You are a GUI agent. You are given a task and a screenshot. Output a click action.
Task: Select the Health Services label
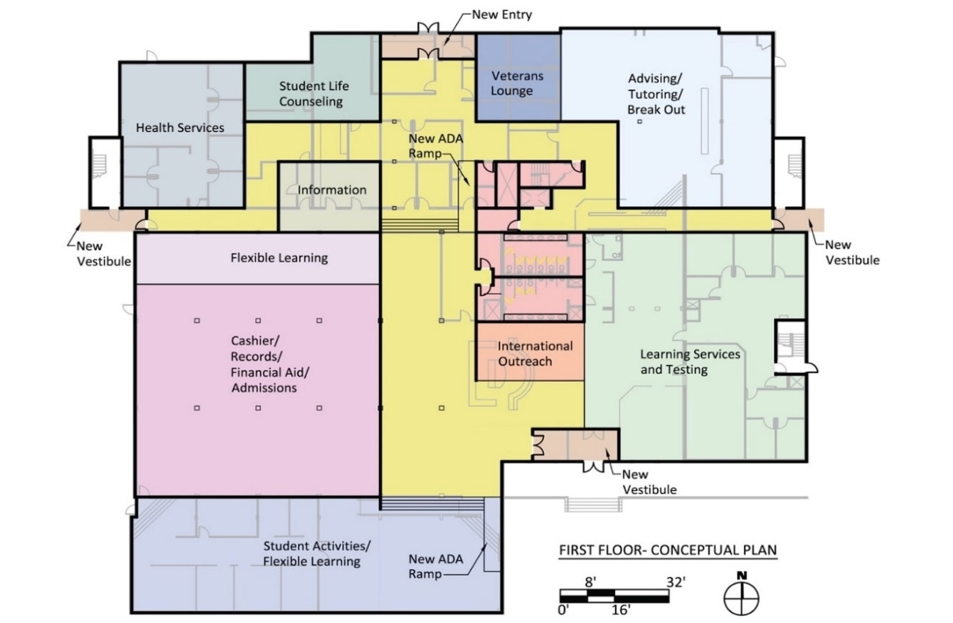(180, 128)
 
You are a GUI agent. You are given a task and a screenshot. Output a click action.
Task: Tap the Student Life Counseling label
(311, 94)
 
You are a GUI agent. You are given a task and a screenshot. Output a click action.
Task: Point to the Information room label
(331, 190)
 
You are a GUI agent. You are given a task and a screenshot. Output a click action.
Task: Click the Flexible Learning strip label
(279, 258)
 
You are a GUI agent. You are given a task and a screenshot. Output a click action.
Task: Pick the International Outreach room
(535, 353)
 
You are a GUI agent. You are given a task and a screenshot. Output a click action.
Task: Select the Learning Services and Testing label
(690, 362)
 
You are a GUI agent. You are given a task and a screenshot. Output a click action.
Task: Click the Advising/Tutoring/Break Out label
(656, 94)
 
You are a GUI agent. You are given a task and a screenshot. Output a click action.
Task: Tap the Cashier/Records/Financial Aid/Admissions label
(265, 364)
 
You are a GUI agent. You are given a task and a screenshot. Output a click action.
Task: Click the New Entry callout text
(501, 14)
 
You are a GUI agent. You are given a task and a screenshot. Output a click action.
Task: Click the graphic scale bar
(614, 594)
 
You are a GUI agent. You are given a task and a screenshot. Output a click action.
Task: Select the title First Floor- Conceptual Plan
(668, 550)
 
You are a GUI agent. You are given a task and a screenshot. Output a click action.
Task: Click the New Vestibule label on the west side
(104, 254)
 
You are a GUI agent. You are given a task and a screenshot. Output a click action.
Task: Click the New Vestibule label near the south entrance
(649, 482)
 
